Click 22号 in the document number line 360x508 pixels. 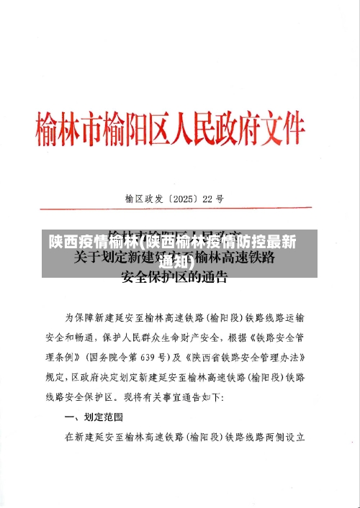(x=214, y=178)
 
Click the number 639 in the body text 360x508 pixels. (x=153, y=358)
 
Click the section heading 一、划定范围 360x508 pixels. (x=94, y=417)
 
